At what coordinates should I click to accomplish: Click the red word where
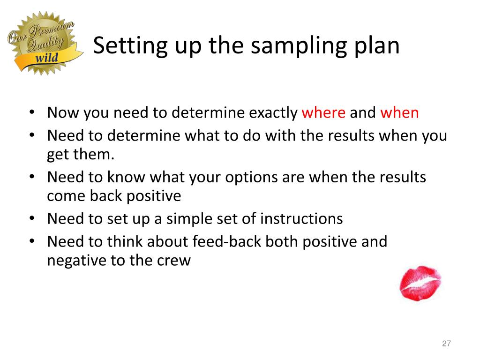[x=324, y=113]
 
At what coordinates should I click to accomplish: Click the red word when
[x=399, y=113]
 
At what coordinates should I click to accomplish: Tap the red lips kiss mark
[x=420, y=283]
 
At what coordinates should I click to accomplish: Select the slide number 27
[x=446, y=345]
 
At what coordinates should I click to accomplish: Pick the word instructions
[x=301, y=219]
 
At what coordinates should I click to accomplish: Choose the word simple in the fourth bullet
[x=194, y=219]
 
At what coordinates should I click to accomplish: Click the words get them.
[x=81, y=155]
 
